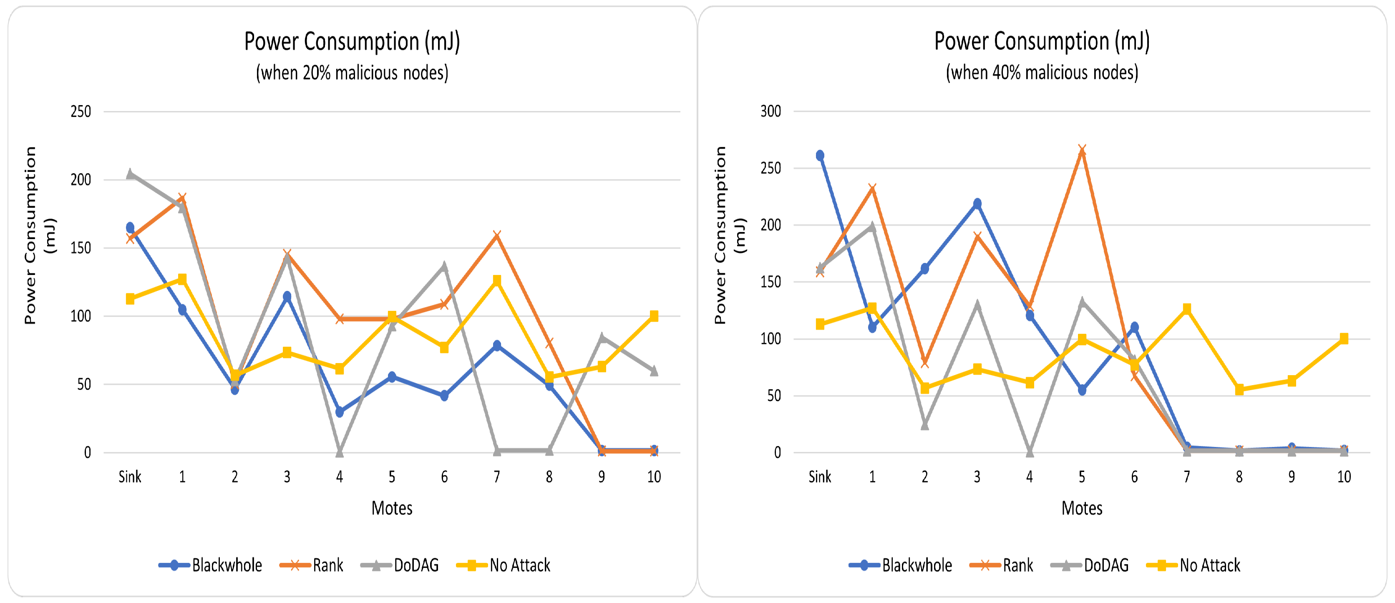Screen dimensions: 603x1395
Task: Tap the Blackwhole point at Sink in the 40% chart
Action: point(820,156)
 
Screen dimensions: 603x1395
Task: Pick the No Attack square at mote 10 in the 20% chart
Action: point(654,316)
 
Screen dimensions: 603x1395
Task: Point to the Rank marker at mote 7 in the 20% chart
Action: point(496,236)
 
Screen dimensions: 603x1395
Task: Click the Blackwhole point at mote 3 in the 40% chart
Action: point(977,204)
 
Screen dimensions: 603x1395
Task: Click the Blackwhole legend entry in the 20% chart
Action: point(211,565)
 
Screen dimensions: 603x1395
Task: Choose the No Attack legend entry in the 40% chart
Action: point(1194,565)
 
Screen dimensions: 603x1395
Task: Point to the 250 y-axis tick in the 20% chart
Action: point(81,111)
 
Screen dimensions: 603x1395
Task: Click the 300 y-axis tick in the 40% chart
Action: point(770,111)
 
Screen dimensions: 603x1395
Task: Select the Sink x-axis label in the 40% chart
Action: point(819,477)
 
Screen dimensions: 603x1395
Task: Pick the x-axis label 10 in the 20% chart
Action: point(654,477)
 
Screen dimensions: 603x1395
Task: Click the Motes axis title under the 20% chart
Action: point(392,508)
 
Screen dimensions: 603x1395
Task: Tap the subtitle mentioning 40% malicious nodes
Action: point(1042,73)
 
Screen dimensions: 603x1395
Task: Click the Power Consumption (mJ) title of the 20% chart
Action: point(352,42)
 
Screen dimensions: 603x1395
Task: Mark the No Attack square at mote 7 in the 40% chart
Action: point(1186,309)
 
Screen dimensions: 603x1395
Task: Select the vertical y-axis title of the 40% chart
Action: point(729,236)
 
